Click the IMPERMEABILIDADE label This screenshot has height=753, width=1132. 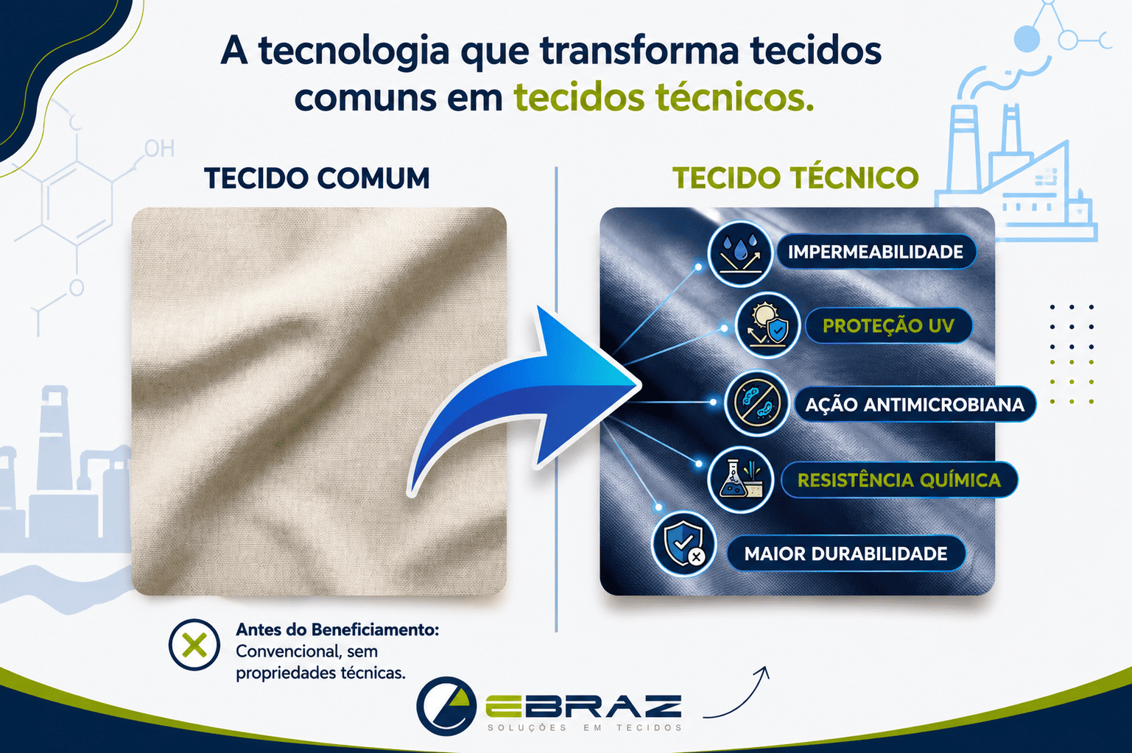(x=875, y=252)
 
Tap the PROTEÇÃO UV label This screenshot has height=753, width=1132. (x=888, y=325)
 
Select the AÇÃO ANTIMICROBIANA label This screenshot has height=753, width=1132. (x=915, y=405)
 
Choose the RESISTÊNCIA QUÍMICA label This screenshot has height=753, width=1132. (x=899, y=480)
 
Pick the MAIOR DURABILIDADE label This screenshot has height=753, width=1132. (x=846, y=554)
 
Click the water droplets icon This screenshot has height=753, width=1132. (x=740, y=253)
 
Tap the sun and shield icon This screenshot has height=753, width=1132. (x=767, y=325)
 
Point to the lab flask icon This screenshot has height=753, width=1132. (x=741, y=479)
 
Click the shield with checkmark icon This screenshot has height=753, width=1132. (x=684, y=544)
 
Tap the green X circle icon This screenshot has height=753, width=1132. (x=194, y=645)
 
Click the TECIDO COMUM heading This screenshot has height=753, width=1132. (x=317, y=178)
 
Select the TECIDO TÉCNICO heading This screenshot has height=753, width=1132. (x=795, y=177)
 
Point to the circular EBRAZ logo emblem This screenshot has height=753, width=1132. (x=447, y=706)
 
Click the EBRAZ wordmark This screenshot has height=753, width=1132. (x=584, y=707)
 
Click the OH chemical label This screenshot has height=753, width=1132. (x=160, y=149)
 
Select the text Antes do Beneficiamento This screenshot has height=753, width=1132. (x=337, y=630)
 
